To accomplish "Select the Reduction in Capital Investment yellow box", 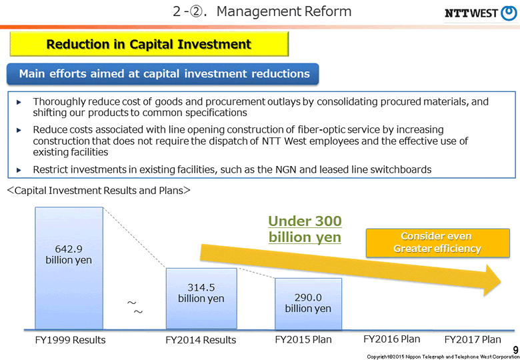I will coord(149,45).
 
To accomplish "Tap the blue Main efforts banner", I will coord(164,73).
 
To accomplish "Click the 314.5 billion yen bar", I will coord(201,298).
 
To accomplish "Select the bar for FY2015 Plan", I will coord(308,303).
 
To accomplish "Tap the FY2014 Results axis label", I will coord(201,340).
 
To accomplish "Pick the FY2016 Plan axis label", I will coord(392,339).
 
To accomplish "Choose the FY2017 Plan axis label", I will coord(473,339).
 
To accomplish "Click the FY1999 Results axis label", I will coord(70,340).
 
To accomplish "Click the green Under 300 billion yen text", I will coord(305,229).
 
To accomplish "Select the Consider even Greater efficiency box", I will coord(437,242).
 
